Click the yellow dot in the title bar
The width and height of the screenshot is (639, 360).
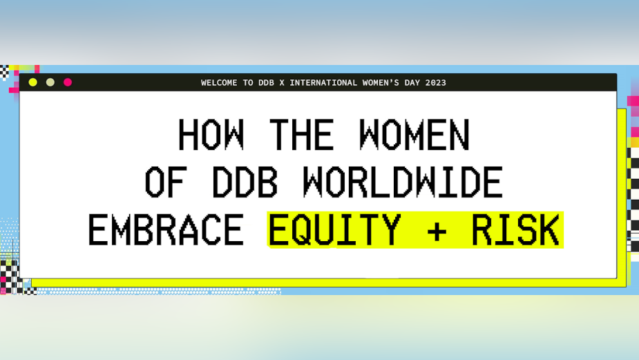pyautogui.click(x=32, y=82)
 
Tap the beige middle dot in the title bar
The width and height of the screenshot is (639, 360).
pyautogui.click(x=50, y=82)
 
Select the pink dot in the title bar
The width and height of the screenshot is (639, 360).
pyautogui.click(x=68, y=82)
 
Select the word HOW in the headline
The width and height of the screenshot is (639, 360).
pyautogui.click(x=211, y=135)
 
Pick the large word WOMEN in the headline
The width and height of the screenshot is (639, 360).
pyautogui.click(x=414, y=135)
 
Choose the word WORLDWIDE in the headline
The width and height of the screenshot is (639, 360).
pyautogui.click(x=402, y=183)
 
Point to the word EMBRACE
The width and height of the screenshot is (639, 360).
pyautogui.click(x=166, y=231)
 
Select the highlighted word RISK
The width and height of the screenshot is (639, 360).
pyautogui.click(x=515, y=231)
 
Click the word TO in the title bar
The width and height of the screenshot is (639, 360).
pyautogui.click(x=248, y=83)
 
